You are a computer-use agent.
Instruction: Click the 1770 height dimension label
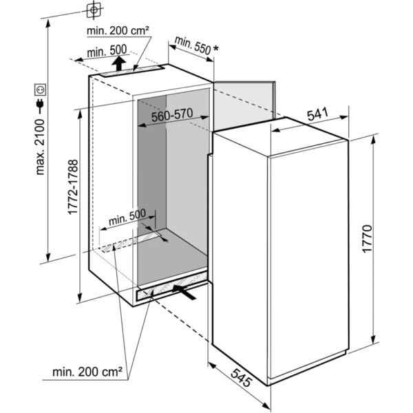point(367,239)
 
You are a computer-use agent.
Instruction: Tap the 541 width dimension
point(317,114)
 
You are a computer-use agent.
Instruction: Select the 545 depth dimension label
point(242,378)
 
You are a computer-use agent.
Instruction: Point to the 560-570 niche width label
point(172,115)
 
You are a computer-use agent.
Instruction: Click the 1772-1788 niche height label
point(73,187)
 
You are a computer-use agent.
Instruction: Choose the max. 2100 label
point(41,147)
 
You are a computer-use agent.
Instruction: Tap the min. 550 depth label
point(193,45)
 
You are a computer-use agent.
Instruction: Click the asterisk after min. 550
point(215,49)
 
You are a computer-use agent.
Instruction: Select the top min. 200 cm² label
point(118,31)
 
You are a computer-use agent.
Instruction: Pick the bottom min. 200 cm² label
point(87,372)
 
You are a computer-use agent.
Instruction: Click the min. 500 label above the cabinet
point(107,51)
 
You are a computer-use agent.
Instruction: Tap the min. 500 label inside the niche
point(127,217)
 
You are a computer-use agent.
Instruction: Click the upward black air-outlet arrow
point(119,63)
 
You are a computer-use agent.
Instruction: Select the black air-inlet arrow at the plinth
point(184,292)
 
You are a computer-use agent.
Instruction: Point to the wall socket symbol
point(41,89)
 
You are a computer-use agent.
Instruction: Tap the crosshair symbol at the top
point(94,10)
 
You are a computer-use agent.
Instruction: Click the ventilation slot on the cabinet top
point(131,71)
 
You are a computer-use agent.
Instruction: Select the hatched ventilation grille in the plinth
point(171,286)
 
